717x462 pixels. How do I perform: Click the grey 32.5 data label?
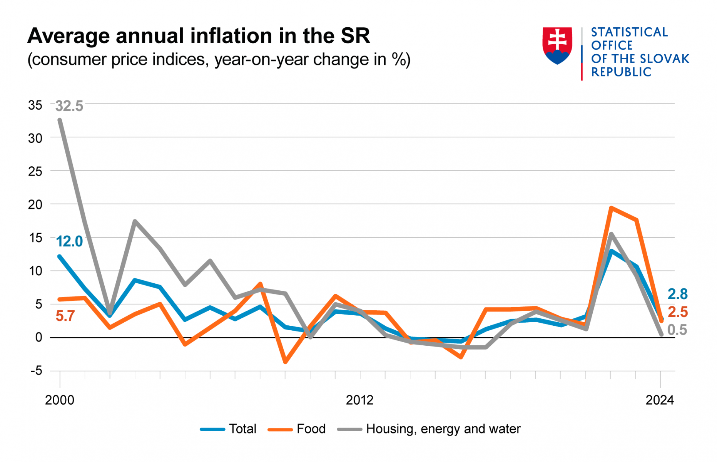69,106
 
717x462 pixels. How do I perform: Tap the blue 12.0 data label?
69,241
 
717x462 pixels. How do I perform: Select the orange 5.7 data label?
65,316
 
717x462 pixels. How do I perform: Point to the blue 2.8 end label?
677,294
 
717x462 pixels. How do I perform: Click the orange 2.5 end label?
677,312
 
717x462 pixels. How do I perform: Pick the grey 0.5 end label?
677,330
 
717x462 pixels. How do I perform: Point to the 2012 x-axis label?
359,400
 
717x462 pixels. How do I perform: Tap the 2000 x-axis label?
60,400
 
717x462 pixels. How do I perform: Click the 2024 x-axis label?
660,400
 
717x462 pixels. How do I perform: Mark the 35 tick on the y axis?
35,105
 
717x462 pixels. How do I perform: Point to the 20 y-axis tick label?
35,204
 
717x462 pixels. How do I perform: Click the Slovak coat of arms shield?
557,45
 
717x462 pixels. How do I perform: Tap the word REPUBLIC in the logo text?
621,72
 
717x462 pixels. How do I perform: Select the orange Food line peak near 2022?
611,208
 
